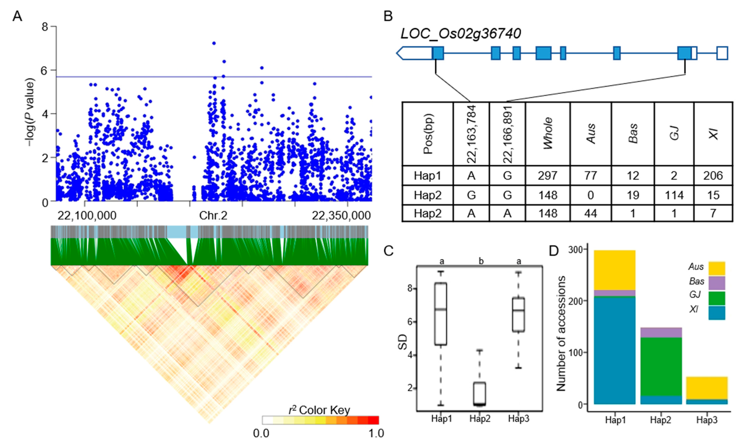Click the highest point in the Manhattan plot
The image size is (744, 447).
[x=214, y=43]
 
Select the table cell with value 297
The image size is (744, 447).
[x=548, y=176]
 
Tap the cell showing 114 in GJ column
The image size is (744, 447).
[x=674, y=195]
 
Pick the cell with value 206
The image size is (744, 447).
[x=713, y=176]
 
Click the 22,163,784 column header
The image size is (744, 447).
[x=471, y=134]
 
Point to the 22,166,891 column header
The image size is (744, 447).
[x=507, y=134]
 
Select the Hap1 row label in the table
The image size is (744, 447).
[x=427, y=176]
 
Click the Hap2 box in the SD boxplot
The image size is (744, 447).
[x=480, y=393]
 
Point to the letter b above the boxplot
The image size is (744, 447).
[x=481, y=261]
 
